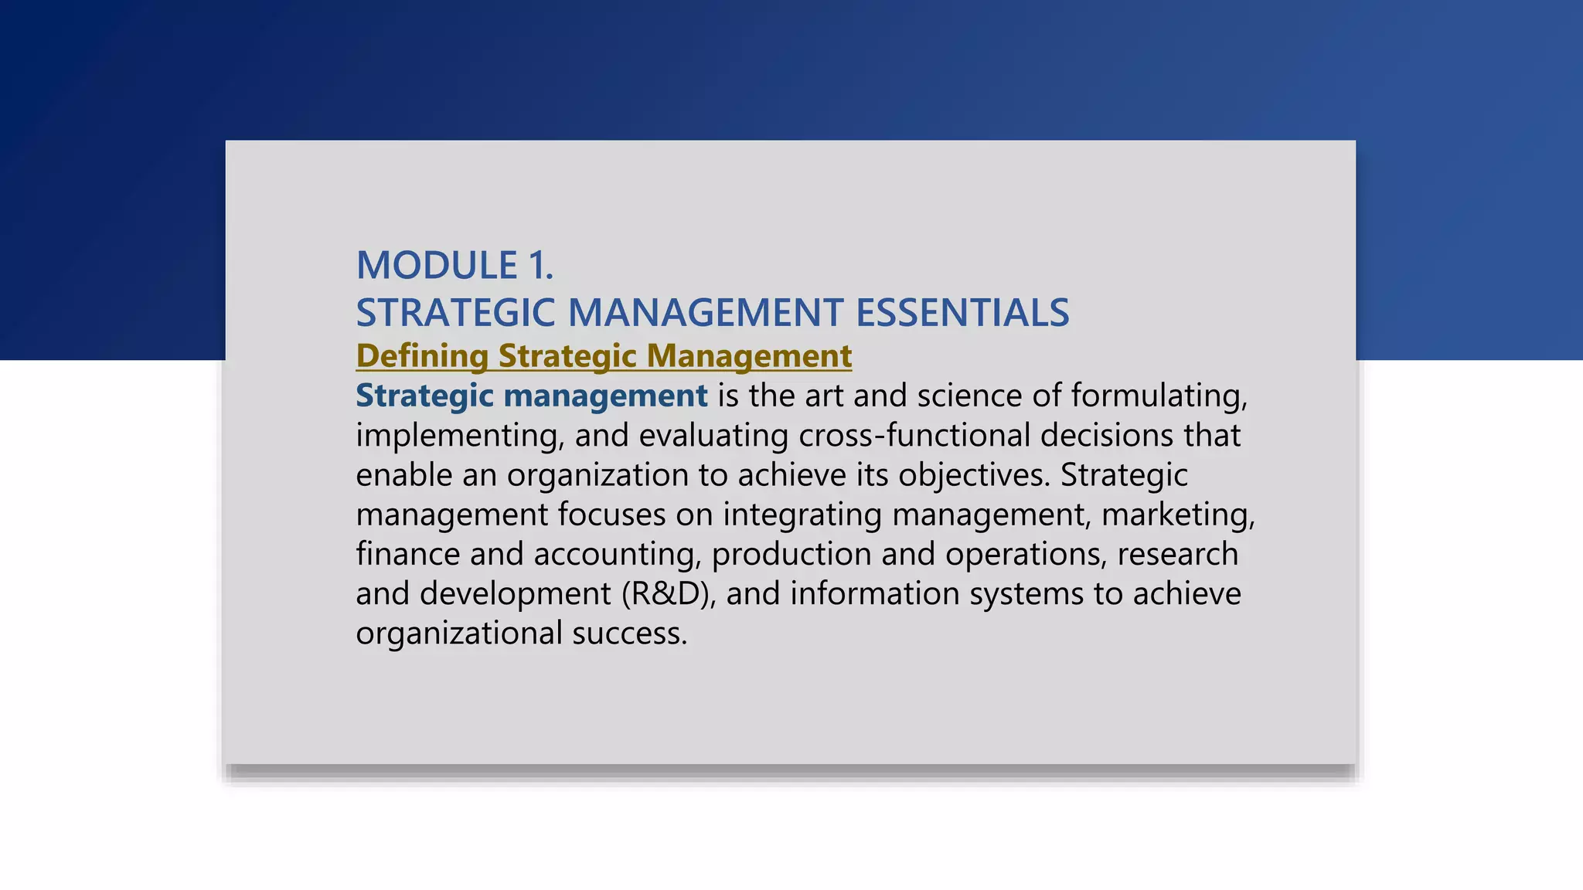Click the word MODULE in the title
pyautogui.click(x=437, y=265)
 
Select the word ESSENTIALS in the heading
pyautogui.click(x=962, y=313)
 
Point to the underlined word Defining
pyautogui.click(x=421, y=356)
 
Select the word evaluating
pyautogui.click(x=713, y=436)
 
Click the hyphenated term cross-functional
pyautogui.click(x=914, y=436)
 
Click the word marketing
pyautogui.click(x=1178, y=515)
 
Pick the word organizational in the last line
pyautogui.click(x=459, y=634)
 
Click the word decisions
pyautogui.click(x=1107, y=436)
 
